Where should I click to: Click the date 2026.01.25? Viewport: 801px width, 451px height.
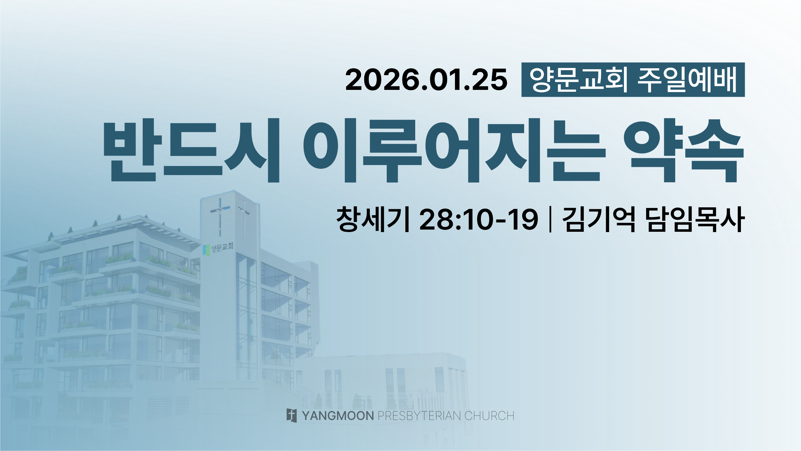coord(426,80)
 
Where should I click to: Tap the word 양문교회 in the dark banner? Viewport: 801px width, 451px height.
coord(579,80)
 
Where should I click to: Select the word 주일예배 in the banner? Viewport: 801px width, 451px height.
coord(687,80)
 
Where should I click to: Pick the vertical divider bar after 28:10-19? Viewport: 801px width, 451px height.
coord(550,219)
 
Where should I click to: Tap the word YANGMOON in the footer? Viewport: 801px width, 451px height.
coord(338,416)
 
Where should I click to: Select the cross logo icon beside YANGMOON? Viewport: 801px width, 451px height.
coord(292,415)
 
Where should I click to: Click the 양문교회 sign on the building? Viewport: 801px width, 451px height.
coord(222,247)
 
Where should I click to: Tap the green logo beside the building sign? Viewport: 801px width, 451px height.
coord(206,250)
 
